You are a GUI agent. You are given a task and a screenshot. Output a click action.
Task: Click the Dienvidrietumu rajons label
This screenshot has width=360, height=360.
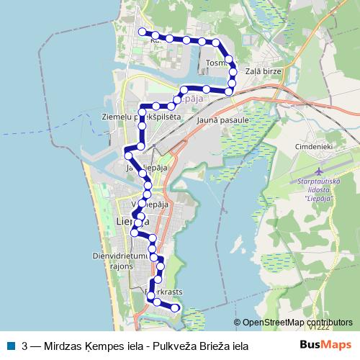(120, 258)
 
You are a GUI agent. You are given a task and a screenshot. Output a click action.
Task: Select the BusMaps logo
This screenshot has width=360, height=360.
(325, 346)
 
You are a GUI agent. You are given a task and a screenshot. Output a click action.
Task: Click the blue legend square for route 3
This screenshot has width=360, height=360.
(11, 346)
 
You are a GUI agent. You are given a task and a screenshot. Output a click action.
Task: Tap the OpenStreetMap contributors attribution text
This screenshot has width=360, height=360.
(297, 323)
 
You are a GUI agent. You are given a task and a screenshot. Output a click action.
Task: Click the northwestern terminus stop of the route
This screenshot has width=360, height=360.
(142, 32)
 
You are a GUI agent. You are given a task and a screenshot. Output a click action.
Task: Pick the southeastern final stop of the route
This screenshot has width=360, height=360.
(174, 308)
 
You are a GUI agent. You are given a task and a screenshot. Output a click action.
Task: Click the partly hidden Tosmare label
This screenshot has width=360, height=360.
(215, 63)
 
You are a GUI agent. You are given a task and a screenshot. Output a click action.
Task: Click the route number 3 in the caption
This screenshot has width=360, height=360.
(26, 346)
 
